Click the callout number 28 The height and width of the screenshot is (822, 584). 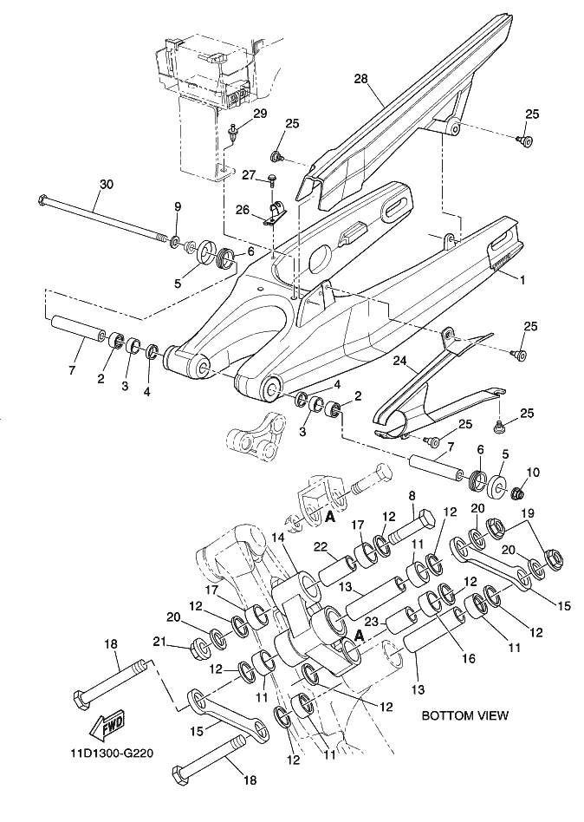(360, 79)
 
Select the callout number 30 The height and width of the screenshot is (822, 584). (107, 185)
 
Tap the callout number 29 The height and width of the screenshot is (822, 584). (260, 114)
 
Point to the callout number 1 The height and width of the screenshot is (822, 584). (522, 280)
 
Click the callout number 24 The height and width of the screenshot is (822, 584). (400, 362)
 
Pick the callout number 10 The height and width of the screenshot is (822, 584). (532, 473)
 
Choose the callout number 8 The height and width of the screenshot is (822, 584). (412, 495)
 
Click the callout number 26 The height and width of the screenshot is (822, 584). (242, 210)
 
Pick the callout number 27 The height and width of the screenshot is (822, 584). (249, 174)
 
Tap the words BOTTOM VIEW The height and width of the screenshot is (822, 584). (465, 715)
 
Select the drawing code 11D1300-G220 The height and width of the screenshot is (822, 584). (112, 753)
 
